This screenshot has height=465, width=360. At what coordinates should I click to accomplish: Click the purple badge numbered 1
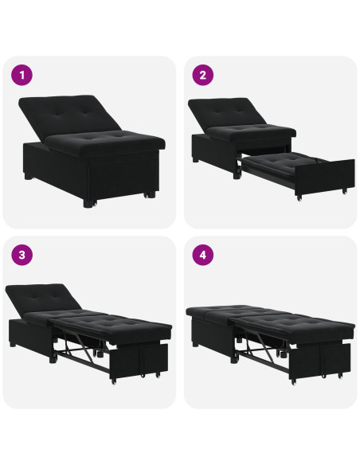point(22,76)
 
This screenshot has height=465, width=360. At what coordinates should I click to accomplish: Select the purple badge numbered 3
point(22,256)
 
